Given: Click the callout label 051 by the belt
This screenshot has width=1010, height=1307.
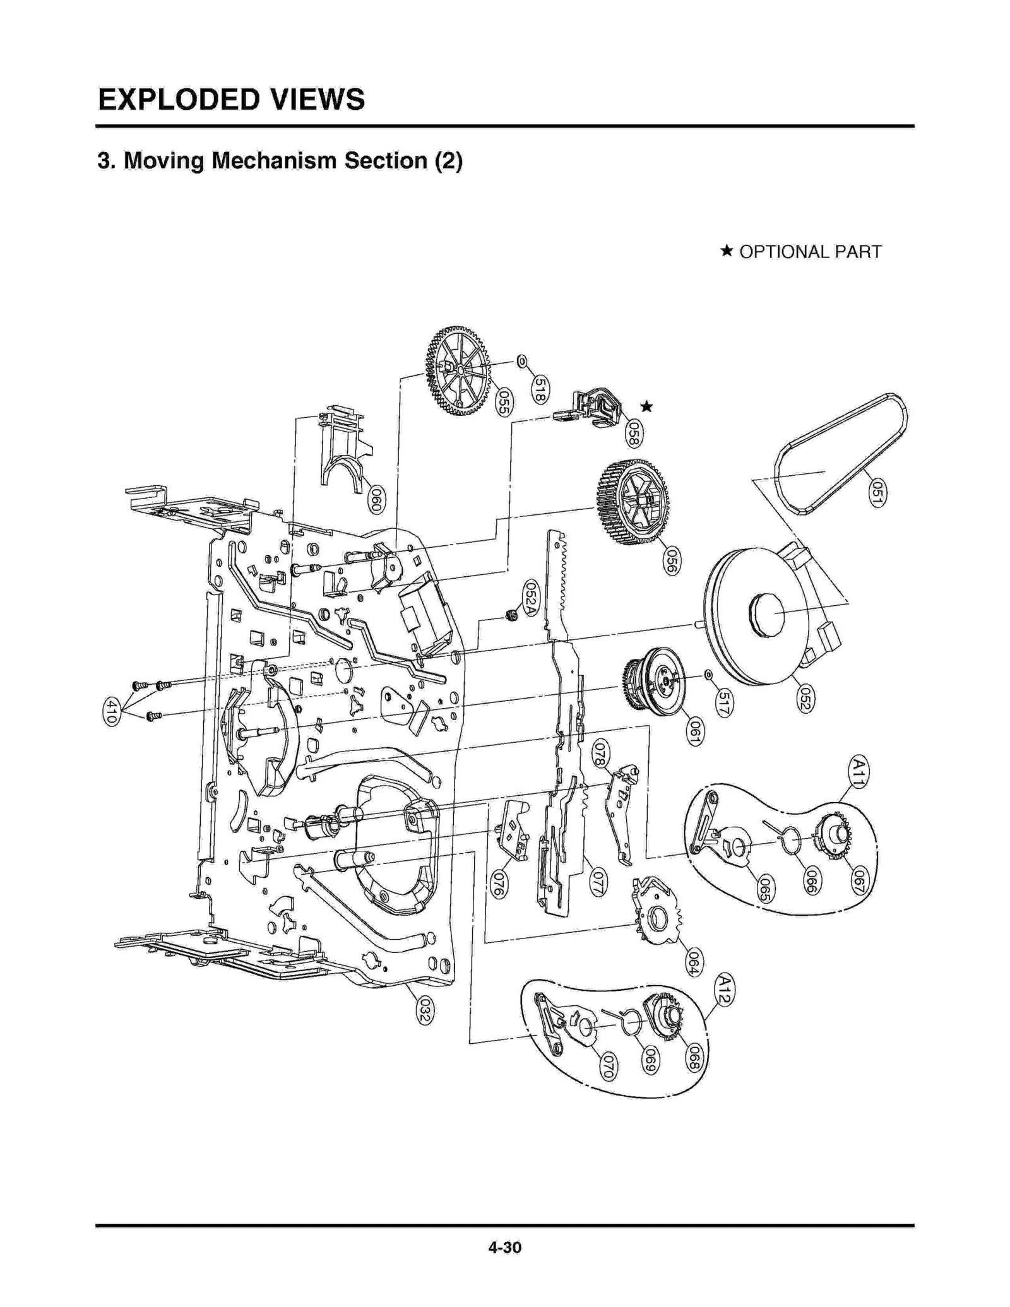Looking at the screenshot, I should point(877,493).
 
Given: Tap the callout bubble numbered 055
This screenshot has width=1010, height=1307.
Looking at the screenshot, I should point(503,403).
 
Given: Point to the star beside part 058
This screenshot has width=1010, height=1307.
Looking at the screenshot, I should point(646,406).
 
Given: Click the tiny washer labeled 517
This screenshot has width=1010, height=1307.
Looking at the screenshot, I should point(708,675).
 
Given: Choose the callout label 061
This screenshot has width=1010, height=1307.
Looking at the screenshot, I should point(694,732).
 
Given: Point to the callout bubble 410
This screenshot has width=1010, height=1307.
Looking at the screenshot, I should point(111,711).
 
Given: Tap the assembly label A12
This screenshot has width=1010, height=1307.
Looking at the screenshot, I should point(725,990).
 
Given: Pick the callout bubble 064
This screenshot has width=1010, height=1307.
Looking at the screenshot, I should point(693,962).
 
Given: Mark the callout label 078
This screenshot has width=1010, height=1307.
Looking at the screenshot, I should point(600,754).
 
